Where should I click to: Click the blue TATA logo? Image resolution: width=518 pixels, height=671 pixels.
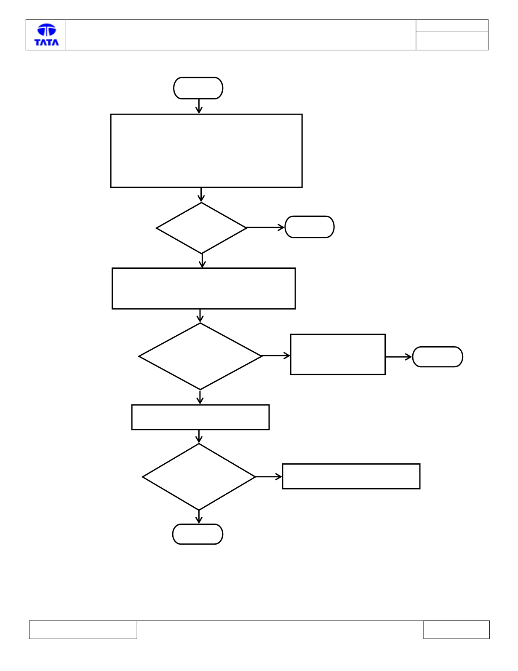point(46,35)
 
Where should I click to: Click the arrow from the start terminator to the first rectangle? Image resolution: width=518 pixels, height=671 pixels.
point(199,107)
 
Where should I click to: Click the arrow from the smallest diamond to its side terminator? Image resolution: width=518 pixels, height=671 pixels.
point(265,227)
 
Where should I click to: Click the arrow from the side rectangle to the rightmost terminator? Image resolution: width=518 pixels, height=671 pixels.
point(399,357)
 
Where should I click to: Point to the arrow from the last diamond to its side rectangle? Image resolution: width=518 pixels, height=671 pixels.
point(269,477)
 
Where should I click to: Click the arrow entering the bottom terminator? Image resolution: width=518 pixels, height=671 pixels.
point(199,517)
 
